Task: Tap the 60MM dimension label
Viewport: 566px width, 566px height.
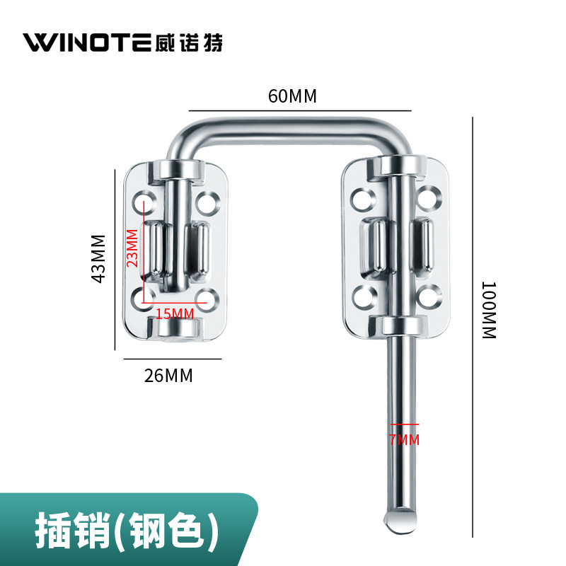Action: [x=292, y=96]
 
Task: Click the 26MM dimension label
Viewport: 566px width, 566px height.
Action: [x=168, y=376]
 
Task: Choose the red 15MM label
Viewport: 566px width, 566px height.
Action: [x=174, y=313]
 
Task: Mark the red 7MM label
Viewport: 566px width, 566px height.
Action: [x=404, y=440]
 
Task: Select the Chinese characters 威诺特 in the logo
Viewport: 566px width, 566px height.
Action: [x=188, y=42]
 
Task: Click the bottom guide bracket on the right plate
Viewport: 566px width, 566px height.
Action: [x=400, y=326]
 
